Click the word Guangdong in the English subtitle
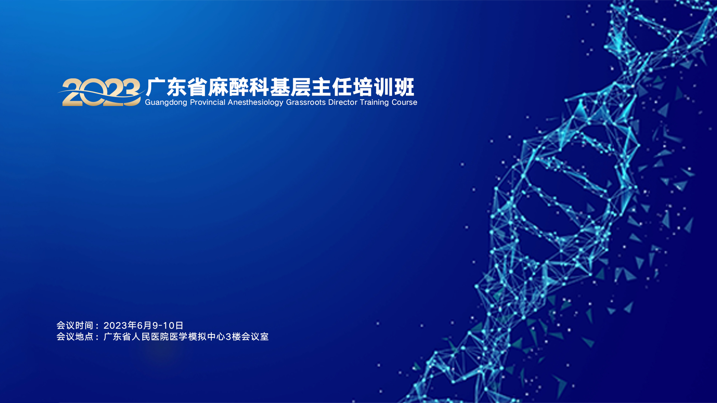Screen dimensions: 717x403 click(x=166, y=103)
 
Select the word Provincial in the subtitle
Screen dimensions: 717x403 click(x=208, y=102)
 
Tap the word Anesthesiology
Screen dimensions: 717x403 click(x=255, y=103)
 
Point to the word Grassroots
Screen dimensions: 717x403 click(x=306, y=102)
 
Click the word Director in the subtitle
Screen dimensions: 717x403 click(x=342, y=102)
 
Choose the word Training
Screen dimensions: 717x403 click(x=374, y=103)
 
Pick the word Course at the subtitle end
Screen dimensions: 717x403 click(x=404, y=102)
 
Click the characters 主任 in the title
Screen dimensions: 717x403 click(x=332, y=87)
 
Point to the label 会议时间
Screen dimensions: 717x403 click(x=75, y=326)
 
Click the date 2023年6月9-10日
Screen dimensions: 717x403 click(x=143, y=326)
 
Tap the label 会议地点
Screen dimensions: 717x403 click(x=75, y=337)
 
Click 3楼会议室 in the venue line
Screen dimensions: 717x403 click(x=247, y=337)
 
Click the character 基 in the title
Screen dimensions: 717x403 click(x=280, y=87)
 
